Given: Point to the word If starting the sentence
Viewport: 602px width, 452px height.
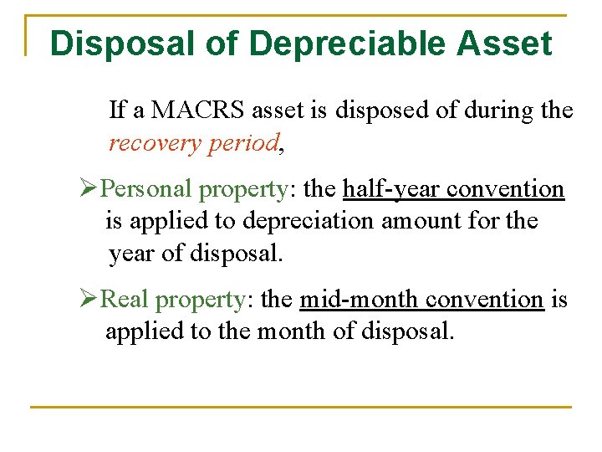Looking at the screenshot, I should pyautogui.click(x=117, y=110).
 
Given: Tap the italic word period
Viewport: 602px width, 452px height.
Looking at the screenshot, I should pyautogui.click(x=243, y=143).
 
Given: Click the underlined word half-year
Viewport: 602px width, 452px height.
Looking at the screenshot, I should pyautogui.click(x=391, y=189).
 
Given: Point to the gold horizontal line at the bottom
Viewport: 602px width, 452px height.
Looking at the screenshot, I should pyautogui.click(x=301, y=408).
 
